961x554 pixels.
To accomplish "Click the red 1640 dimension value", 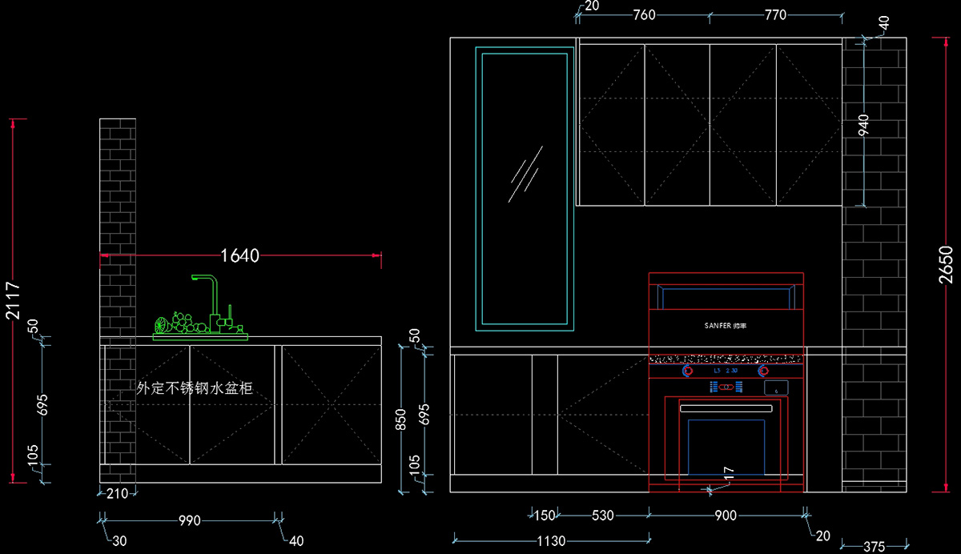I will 240,255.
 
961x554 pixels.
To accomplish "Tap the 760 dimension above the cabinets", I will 644,14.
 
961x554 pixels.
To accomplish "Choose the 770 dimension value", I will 775,14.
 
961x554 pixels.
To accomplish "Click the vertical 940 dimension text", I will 863,125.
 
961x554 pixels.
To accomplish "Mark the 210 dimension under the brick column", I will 117,494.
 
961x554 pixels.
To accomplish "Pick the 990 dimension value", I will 189,520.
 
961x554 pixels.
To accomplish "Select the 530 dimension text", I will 601,516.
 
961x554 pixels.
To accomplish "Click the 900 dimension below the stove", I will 726,516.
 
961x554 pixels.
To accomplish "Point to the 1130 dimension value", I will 550,541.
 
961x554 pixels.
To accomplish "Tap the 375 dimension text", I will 875,547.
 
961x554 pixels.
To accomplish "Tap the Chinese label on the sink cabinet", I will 195,388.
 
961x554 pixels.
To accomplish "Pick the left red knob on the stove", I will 687,371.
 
